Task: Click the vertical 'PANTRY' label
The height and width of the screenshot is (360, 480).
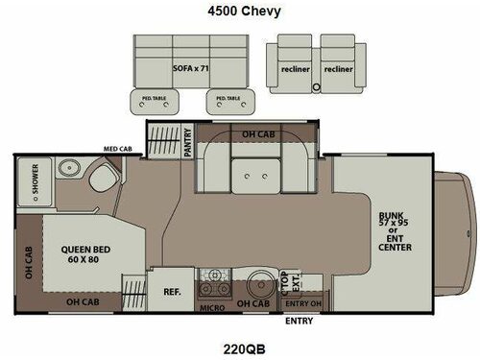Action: pos(191,138)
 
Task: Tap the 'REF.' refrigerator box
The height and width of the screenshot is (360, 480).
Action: pos(173,291)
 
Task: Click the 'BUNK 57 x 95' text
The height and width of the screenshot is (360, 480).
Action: pos(394,224)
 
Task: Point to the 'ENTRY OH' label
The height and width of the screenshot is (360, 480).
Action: pos(304,303)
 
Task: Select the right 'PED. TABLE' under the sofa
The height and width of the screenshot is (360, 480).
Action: pos(228,98)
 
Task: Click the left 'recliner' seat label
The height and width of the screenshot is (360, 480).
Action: pos(295,69)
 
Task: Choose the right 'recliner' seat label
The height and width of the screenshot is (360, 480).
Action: pos(337,69)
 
